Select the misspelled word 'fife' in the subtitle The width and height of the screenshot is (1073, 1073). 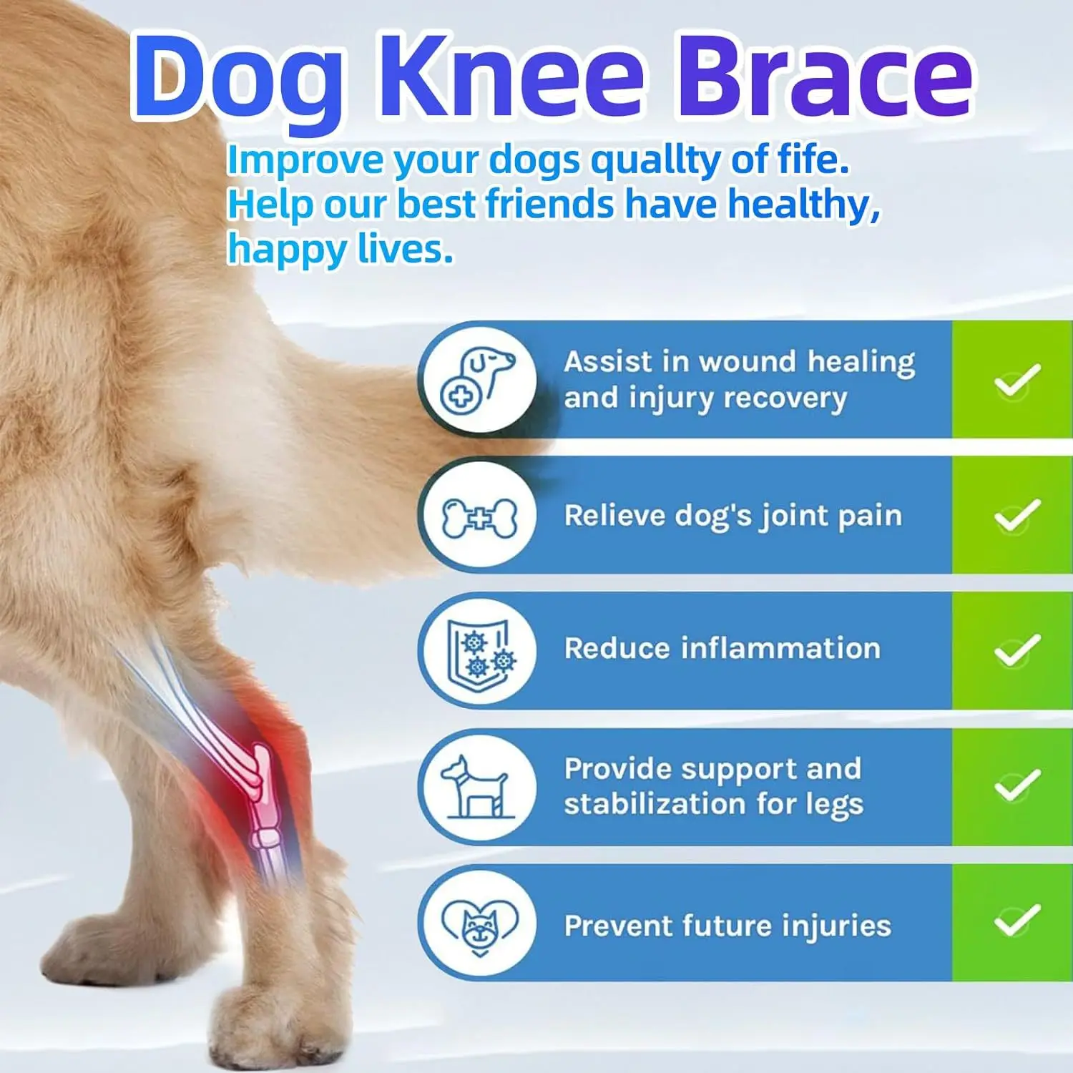click(x=813, y=160)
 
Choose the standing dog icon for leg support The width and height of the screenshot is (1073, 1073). click(x=477, y=787)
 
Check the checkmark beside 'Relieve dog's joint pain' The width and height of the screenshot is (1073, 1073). click(x=1016, y=515)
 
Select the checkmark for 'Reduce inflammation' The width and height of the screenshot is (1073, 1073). click(x=1016, y=650)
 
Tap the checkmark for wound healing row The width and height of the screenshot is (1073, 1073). click(x=1016, y=380)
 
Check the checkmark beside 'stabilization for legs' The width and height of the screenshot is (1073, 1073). click(x=1016, y=785)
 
